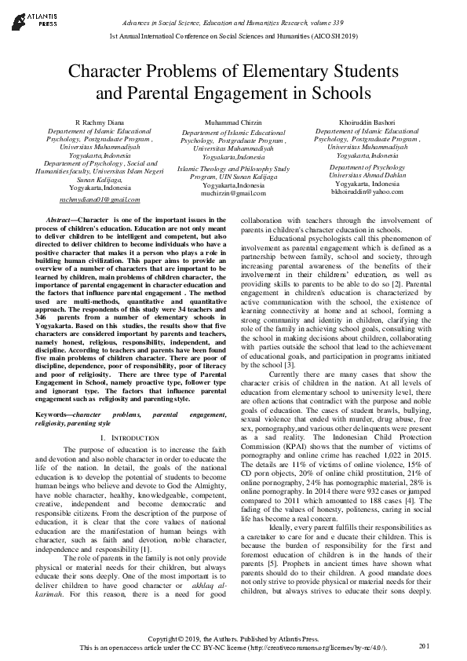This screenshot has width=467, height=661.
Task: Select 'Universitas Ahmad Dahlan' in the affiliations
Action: click(356, 175)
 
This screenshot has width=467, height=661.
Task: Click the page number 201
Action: click(425, 645)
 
